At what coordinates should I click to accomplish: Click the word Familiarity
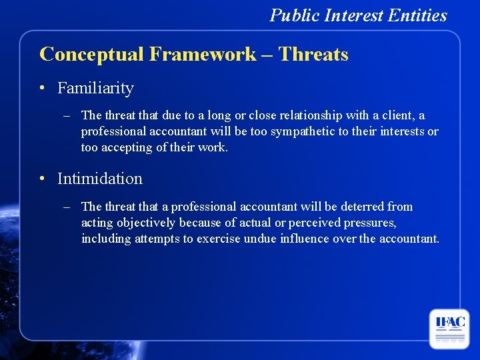point(95,88)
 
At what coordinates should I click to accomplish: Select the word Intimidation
point(100,179)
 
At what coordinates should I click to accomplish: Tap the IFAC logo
point(449,329)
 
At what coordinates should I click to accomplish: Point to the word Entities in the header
point(419,15)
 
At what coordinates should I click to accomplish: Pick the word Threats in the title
point(313,54)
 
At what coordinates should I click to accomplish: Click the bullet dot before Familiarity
point(42,89)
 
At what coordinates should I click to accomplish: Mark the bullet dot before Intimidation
point(42,179)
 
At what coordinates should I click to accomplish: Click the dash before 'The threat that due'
point(67,116)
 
